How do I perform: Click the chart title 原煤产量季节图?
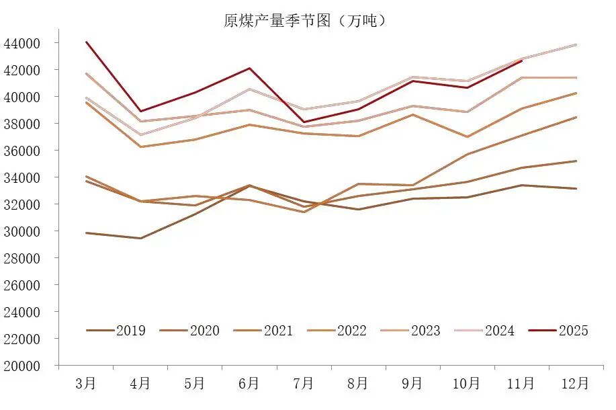[x=306, y=21]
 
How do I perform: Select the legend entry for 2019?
[x=116, y=330]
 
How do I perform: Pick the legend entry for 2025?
[x=559, y=330]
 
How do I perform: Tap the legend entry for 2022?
[x=337, y=330]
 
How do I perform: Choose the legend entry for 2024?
[x=485, y=330]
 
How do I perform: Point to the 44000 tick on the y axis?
[x=22, y=43]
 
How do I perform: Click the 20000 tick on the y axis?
[x=22, y=366]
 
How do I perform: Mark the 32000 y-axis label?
[x=22, y=204]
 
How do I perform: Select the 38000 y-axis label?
[x=22, y=124]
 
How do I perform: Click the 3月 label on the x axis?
[x=86, y=384]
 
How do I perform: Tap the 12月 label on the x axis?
[x=576, y=384]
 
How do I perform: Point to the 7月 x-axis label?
[x=304, y=384]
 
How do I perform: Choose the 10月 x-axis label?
[x=467, y=384]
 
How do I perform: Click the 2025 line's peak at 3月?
[x=86, y=42]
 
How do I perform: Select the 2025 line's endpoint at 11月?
[x=521, y=61]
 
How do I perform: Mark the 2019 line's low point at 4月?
[x=140, y=238]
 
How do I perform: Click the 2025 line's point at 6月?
[x=249, y=68]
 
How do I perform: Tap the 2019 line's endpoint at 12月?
[x=576, y=188]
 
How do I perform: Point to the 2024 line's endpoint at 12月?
[x=576, y=45]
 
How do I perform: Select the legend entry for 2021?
[x=263, y=330]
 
